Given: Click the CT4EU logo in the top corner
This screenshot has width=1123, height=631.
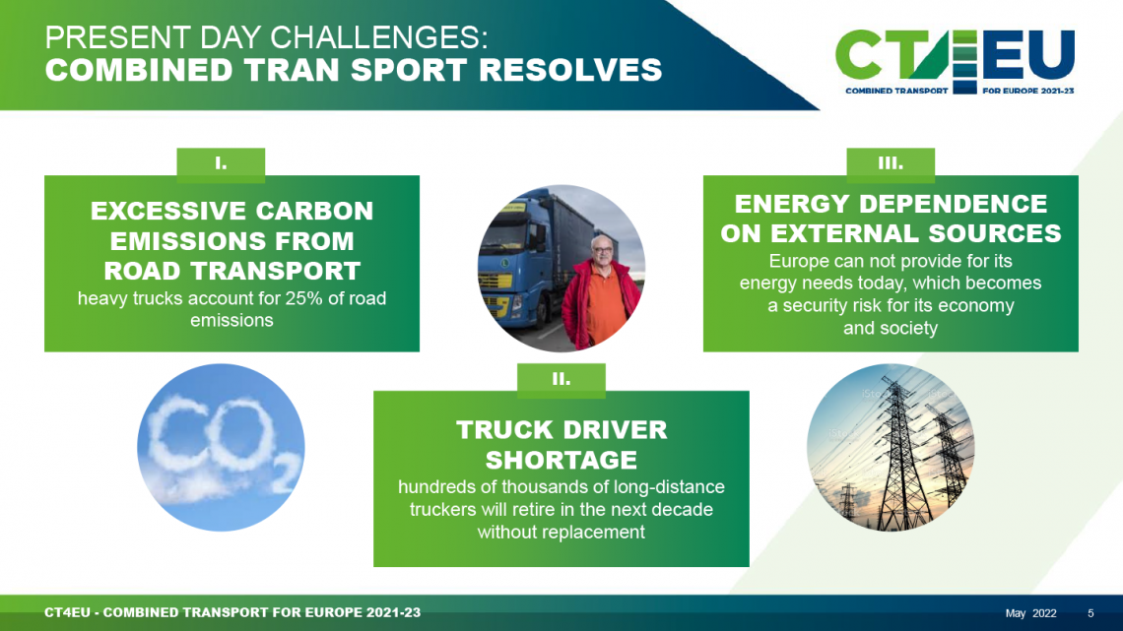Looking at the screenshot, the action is tap(955, 62).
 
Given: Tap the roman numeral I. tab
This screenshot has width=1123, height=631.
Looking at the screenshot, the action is tap(221, 162).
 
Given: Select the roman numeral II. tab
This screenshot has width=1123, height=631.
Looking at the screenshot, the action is tap(561, 378).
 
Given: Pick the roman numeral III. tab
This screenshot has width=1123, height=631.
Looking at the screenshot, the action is tap(891, 162).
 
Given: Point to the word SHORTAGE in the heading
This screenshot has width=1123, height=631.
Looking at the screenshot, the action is tap(561, 460).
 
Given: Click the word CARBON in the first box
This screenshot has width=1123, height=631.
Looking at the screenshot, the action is tap(314, 211).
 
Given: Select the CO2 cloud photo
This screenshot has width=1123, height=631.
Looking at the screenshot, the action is tap(221, 447).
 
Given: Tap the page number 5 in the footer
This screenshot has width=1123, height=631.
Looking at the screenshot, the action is tap(1090, 613).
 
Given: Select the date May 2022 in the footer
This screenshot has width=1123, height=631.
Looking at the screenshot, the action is tap(1030, 613).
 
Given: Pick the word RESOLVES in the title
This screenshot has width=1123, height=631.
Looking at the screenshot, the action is tap(570, 70).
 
